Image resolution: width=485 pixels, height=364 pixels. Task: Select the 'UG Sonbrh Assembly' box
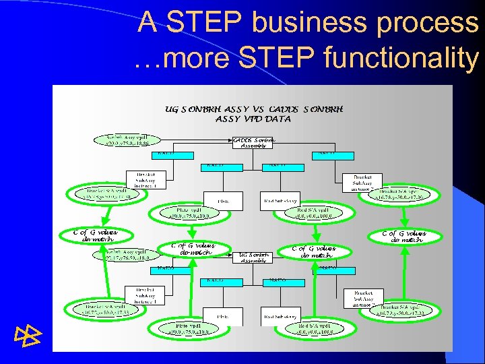point(254,256)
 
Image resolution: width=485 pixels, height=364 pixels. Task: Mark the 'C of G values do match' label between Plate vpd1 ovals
point(193,249)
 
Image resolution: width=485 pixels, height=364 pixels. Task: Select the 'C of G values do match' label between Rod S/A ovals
point(313,251)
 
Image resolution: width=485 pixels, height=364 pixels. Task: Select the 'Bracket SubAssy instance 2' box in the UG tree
point(363,297)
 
